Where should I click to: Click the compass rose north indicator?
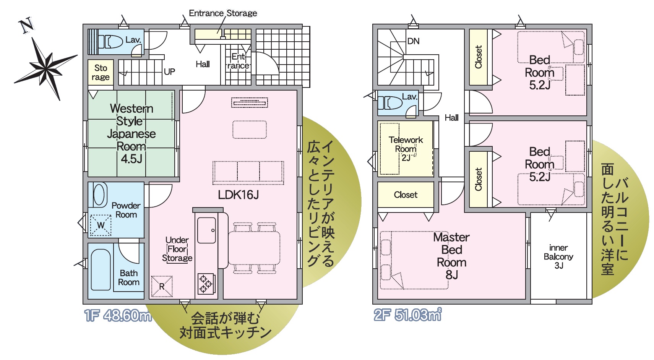click(x=27, y=26)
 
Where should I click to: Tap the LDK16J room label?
click(x=238, y=195)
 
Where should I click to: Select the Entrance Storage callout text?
click(x=223, y=13)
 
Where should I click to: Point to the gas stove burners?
click(x=206, y=284)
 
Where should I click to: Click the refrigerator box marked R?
click(x=162, y=286)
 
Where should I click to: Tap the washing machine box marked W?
click(x=101, y=225)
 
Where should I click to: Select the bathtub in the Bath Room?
click(x=101, y=269)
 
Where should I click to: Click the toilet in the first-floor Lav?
click(x=110, y=42)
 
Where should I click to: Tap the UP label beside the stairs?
click(x=169, y=72)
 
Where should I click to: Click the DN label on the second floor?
click(x=414, y=41)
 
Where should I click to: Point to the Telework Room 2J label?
click(x=406, y=149)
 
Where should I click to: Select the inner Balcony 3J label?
click(x=558, y=257)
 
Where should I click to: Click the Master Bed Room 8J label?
click(x=451, y=256)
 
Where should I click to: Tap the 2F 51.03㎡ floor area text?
click(x=407, y=315)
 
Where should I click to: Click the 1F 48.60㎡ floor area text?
click(x=118, y=316)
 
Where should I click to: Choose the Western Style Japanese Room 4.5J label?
click(x=131, y=133)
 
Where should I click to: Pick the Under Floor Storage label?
click(x=177, y=249)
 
